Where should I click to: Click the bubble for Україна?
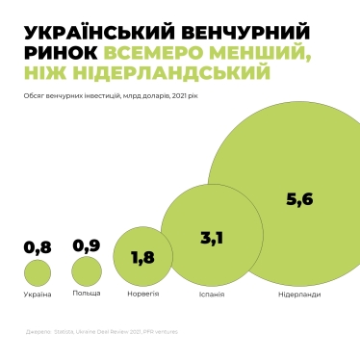point(38,272)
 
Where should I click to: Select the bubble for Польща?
point(86,270)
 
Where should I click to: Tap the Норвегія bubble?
point(142,257)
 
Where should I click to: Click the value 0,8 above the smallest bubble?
point(37,247)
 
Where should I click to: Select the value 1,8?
point(142,257)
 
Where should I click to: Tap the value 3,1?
point(212,238)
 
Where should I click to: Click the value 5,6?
point(300,199)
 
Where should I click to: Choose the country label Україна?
point(37,294)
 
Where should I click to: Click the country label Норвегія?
point(143,294)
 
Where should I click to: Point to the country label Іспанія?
point(211,294)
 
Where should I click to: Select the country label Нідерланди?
point(299,294)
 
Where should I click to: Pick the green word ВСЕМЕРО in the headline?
point(153,53)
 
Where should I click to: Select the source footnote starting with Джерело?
point(102,332)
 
